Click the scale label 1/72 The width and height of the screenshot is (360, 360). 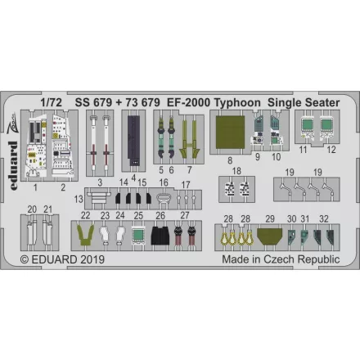tap(52, 102)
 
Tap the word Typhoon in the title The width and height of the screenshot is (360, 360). tap(237, 103)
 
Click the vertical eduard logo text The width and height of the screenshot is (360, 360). tap(12, 165)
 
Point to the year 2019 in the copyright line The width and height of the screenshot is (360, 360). tap(92, 259)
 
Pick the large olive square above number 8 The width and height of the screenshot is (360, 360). tap(230, 133)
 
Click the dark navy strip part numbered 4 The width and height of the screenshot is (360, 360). tap(133, 141)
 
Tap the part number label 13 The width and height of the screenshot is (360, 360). tap(79, 199)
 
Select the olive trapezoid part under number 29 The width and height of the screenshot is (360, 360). tap(270, 236)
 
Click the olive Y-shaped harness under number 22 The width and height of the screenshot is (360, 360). tap(85, 236)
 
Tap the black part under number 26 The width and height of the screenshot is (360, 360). tap(160, 236)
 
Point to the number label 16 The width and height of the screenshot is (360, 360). tap(164, 182)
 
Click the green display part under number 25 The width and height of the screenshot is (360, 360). tap(138, 235)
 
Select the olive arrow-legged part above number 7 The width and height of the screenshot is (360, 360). tap(190, 138)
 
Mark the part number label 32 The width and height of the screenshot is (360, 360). tap(324, 218)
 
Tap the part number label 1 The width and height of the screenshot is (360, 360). tap(35, 187)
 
